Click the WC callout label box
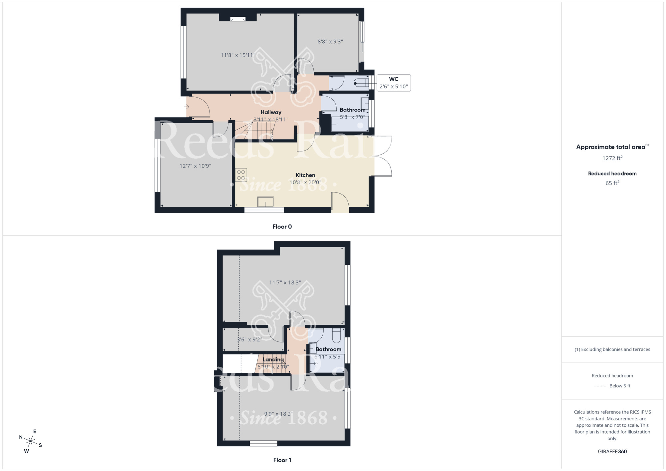pyautogui.click(x=394, y=83)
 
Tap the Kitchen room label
pyautogui.click(x=305, y=175)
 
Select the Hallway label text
pyautogui.click(x=271, y=112)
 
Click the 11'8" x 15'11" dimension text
pyautogui.click(x=238, y=55)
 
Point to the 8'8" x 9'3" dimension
pyautogui.click(x=330, y=42)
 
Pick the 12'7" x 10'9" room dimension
pyautogui.click(x=195, y=166)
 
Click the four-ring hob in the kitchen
pyautogui.click(x=241, y=175)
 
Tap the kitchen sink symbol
pyautogui.click(x=266, y=202)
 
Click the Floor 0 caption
pyautogui.click(x=282, y=227)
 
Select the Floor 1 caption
pyautogui.click(x=282, y=460)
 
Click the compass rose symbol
pyautogui.click(x=31, y=442)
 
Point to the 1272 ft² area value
pyautogui.click(x=612, y=158)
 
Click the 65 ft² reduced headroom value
pyautogui.click(x=612, y=183)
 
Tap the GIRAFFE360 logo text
pyautogui.click(x=612, y=452)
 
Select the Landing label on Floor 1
pyautogui.click(x=273, y=359)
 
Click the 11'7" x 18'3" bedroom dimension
pyautogui.click(x=285, y=282)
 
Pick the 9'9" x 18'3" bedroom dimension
pyautogui.click(x=278, y=414)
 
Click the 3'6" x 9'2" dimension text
pyautogui.click(x=249, y=340)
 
